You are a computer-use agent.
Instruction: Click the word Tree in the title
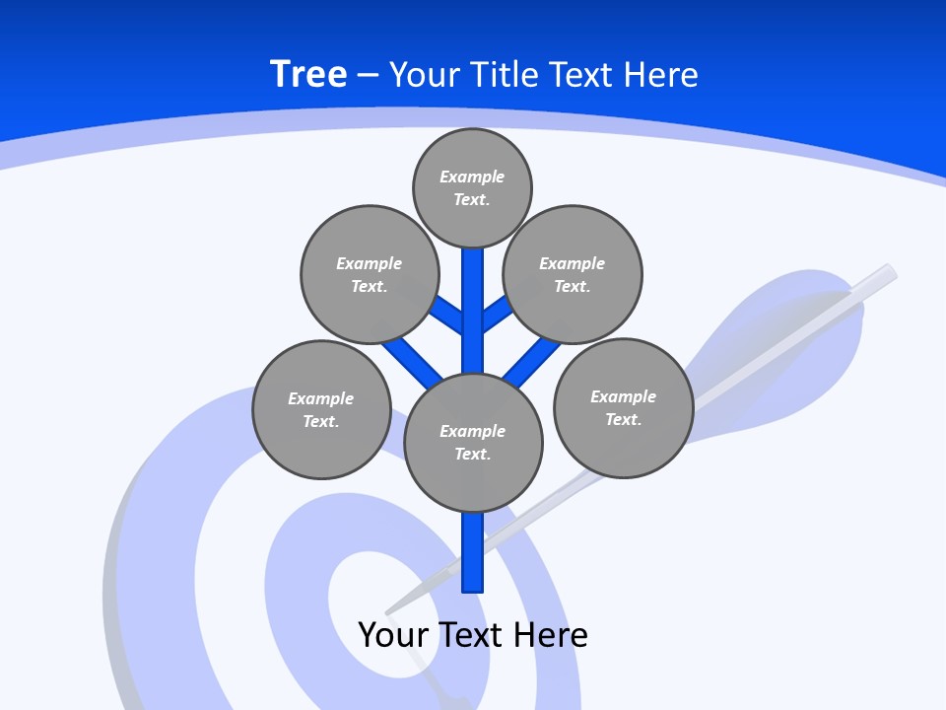point(308,75)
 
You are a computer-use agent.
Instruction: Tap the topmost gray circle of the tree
point(472,187)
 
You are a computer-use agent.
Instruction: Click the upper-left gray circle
point(369,274)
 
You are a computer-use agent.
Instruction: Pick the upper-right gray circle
point(573,274)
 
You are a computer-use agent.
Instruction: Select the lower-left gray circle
point(321,409)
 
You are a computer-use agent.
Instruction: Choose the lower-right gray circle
point(623,407)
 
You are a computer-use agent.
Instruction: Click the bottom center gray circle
point(473,442)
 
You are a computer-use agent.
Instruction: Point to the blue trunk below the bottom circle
point(473,552)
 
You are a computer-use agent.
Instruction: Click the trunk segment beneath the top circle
point(473,296)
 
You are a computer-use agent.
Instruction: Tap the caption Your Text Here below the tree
point(473,634)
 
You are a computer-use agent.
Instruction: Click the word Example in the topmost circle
point(472,177)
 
